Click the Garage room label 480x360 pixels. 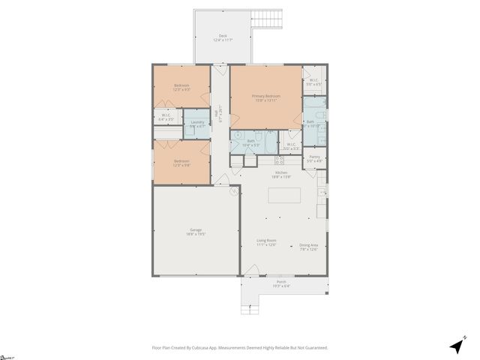pyautogui.click(x=196, y=231)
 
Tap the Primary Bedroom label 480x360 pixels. pyautogui.click(x=265, y=97)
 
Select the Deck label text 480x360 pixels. pyautogui.click(x=222, y=37)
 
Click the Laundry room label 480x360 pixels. pyautogui.click(x=197, y=123)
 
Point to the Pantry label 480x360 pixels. pyautogui.click(x=315, y=158)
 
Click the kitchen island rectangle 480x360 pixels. pyautogui.click(x=285, y=196)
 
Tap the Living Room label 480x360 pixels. pyautogui.click(x=266, y=242)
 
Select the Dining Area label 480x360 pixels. pyautogui.click(x=309, y=246)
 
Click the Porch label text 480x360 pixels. pyautogui.click(x=281, y=283)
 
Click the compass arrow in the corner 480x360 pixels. pyautogui.click(x=456, y=346)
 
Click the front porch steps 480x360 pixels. pyautogui.click(x=250, y=307)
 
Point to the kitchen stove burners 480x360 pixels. pyautogui.click(x=279, y=159)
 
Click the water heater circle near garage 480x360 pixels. pyautogui.click(x=233, y=191)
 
